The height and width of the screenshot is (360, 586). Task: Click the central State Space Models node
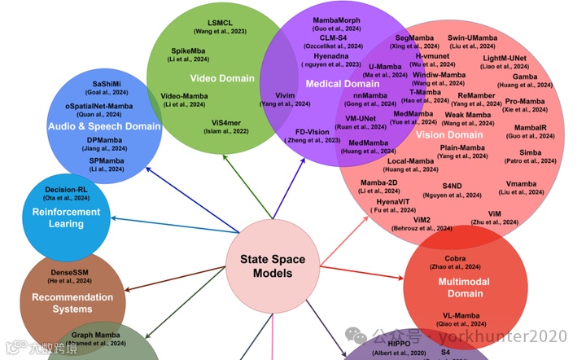[272, 266]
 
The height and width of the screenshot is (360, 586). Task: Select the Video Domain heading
[222, 79]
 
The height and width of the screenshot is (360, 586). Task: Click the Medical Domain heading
[342, 84]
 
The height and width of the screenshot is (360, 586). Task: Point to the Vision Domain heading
[450, 135]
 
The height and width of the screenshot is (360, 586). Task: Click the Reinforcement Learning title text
[67, 217]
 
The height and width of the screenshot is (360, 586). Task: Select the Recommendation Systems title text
[72, 303]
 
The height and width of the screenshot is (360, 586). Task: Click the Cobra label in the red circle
[455, 258]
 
